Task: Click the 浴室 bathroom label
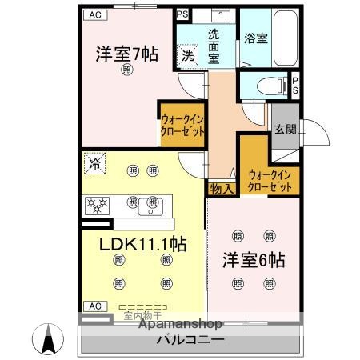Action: coord(256,37)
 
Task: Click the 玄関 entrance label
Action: coord(284,129)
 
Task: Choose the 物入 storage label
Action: coord(222,189)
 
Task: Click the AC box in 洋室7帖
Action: coord(95,14)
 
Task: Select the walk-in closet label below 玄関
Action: coord(268,180)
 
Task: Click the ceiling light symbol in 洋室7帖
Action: coord(127,71)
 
